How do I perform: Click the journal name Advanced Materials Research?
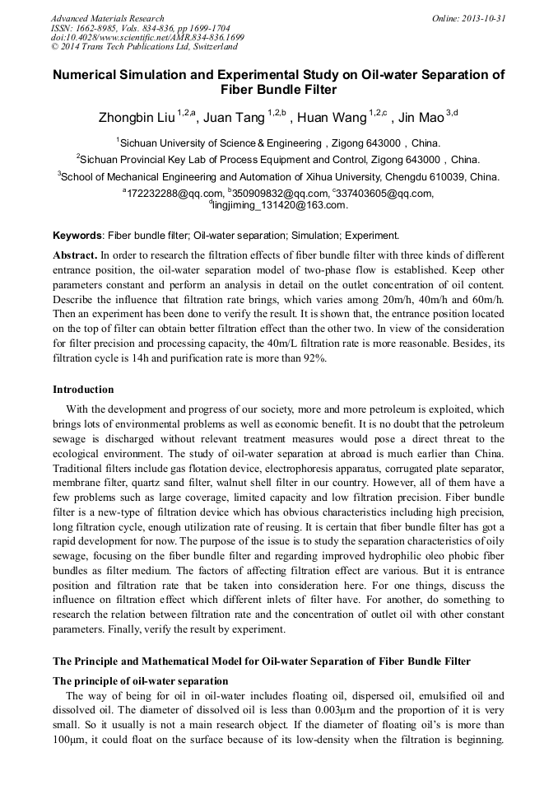tap(107, 18)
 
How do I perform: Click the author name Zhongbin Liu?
tap(137, 118)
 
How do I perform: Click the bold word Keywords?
tap(78, 236)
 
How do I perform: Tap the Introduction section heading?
tap(83, 390)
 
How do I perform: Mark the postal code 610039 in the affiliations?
tap(451, 176)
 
